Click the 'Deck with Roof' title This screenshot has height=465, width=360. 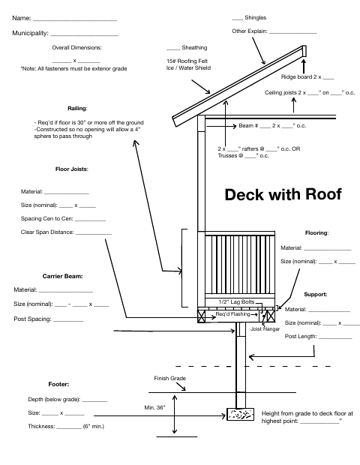click(x=283, y=194)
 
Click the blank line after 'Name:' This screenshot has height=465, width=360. click(x=75, y=20)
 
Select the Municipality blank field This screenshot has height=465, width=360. click(x=84, y=35)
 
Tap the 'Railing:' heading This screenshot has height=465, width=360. click(x=77, y=109)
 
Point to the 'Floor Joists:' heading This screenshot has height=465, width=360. click(x=72, y=169)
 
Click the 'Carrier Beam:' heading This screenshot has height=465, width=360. click(x=62, y=277)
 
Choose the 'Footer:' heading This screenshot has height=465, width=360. click(x=58, y=384)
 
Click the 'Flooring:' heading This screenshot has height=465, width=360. click(x=316, y=233)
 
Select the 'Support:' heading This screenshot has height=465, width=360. click(x=316, y=295)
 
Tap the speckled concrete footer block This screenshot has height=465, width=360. click(x=241, y=414)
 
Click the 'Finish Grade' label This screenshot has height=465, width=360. click(x=170, y=379)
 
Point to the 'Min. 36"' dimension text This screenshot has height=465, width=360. click(x=154, y=408)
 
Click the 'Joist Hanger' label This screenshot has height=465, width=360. click(x=265, y=329)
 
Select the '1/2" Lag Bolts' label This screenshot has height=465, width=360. click(x=237, y=302)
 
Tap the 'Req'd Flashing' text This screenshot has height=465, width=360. click(x=232, y=314)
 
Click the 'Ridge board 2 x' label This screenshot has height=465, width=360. click(x=301, y=77)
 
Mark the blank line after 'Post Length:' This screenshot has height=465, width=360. click(x=335, y=338)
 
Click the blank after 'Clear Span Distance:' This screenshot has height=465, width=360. click(x=94, y=234)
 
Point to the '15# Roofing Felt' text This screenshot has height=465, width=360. click(x=187, y=61)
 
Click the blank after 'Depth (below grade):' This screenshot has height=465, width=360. click(x=94, y=401)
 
